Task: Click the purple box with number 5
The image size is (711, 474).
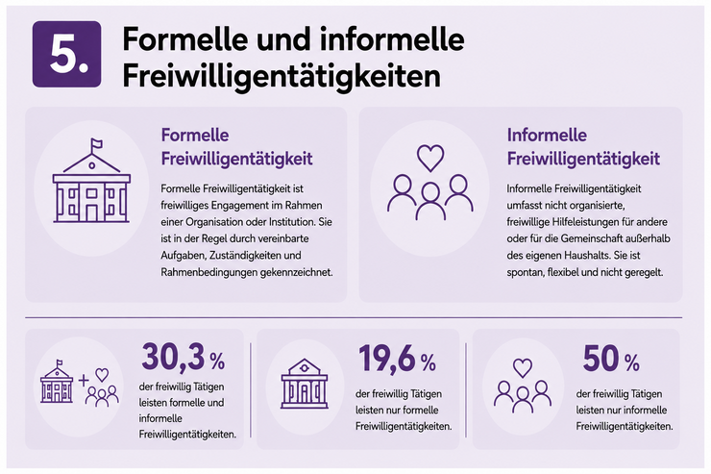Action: click(x=66, y=54)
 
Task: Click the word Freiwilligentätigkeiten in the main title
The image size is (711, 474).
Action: click(x=282, y=76)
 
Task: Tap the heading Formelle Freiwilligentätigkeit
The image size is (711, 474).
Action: click(x=236, y=147)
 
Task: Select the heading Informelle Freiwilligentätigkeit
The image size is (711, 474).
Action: click(x=583, y=147)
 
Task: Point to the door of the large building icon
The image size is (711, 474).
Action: click(x=91, y=213)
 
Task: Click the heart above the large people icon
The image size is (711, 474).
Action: click(x=430, y=158)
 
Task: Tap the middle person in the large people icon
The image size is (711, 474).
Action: click(x=430, y=202)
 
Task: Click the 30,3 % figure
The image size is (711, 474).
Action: click(x=184, y=357)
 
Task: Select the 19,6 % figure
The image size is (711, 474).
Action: click(x=397, y=359)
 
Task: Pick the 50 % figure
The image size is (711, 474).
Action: click(x=611, y=359)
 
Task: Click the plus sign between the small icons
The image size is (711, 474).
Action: click(x=84, y=380)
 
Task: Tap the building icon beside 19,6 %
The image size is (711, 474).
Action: click(x=305, y=384)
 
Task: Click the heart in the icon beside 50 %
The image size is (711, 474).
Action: click(x=523, y=367)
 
